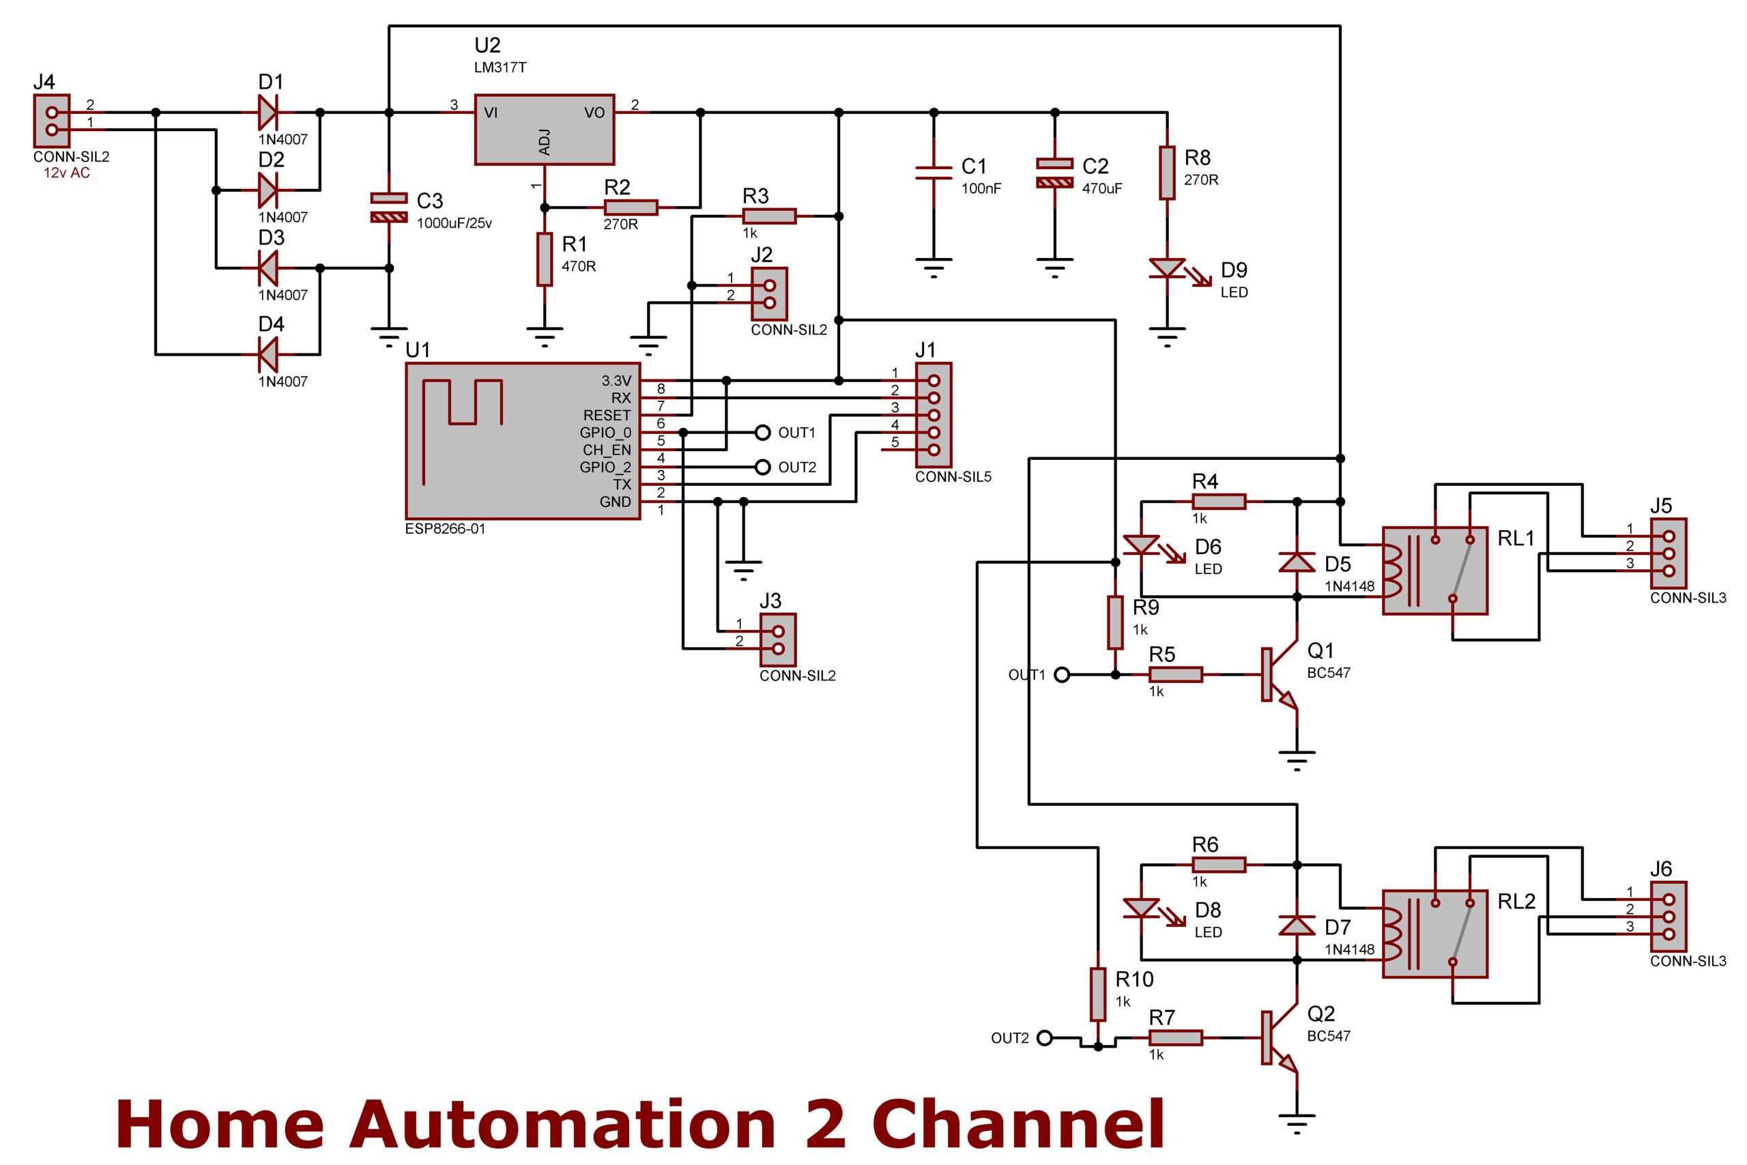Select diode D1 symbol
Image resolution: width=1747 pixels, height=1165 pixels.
[268, 112]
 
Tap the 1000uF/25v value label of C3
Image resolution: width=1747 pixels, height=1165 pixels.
[454, 223]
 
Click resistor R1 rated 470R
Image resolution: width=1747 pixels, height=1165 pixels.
[545, 259]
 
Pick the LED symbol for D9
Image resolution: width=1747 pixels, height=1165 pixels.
[1167, 269]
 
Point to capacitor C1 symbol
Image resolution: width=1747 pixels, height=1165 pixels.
[934, 173]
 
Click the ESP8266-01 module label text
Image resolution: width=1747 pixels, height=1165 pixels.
[444, 529]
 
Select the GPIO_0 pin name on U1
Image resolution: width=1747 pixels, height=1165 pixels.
[605, 433]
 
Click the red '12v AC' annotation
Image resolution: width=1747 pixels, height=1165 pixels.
[67, 173]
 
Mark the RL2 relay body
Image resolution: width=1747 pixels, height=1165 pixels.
[1434, 933]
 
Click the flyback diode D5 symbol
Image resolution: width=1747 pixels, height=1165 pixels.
[1297, 562]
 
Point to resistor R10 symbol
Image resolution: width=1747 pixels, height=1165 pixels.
[1098, 994]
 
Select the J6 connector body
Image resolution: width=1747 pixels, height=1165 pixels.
[1669, 917]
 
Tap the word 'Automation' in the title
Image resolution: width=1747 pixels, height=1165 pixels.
[562, 1123]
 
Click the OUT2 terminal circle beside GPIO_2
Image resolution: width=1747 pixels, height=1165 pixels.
[762, 468]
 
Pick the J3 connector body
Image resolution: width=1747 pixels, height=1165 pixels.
[778, 639]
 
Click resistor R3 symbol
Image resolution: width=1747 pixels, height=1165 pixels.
[769, 216]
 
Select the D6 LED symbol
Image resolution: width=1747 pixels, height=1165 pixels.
[1142, 546]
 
